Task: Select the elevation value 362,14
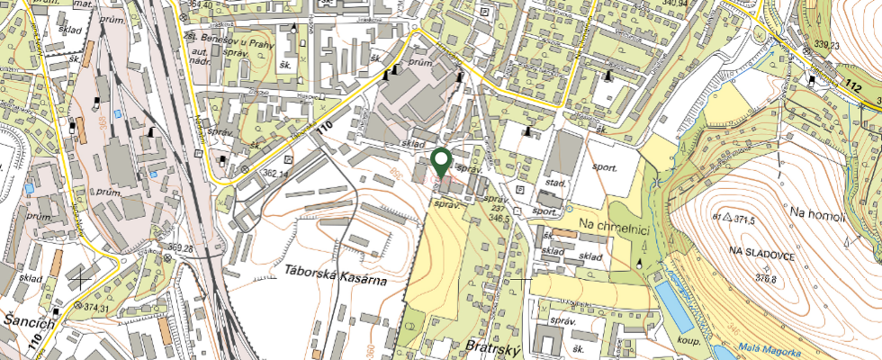274,174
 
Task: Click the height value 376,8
765,279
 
